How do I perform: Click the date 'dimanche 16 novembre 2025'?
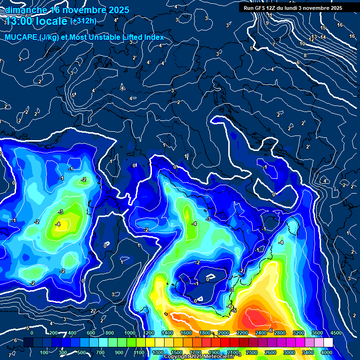pyautogui.click(x=63, y=10)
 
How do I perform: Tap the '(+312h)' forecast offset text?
pyautogui.click(x=83, y=21)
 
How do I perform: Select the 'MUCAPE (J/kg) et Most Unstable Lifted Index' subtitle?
pyautogui.click(x=84, y=37)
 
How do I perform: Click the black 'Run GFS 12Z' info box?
pyautogui.click(x=293, y=8)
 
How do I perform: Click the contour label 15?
pyautogui.click(x=323, y=28)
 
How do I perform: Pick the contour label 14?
pyautogui.click(x=322, y=36)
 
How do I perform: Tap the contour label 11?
pyautogui.click(x=270, y=15)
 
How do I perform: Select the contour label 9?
pyautogui.click(x=267, y=23)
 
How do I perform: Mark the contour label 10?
pyautogui.click(x=303, y=44)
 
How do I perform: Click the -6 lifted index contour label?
pyautogui.click(x=270, y=330)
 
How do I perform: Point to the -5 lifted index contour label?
pyautogui.click(x=234, y=311)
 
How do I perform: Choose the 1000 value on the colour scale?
pyautogui.click(x=130, y=333)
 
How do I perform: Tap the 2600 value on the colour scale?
pyautogui.click(x=270, y=352)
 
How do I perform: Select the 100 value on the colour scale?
pyautogui.click(x=45, y=352)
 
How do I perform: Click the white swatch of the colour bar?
pyautogui.click(x=328, y=343)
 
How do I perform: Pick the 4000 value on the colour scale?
pyautogui.click(x=327, y=352)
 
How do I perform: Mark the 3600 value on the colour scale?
pyautogui.click(x=317, y=333)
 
